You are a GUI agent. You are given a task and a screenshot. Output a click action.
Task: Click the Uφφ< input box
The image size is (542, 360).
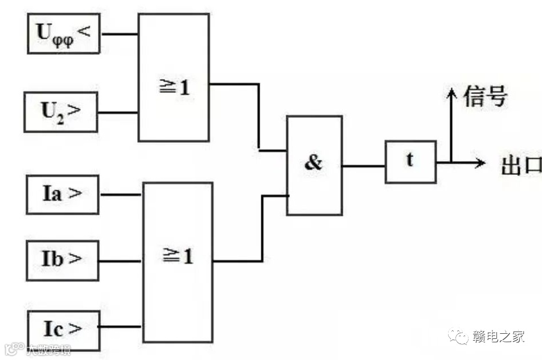click(x=64, y=34)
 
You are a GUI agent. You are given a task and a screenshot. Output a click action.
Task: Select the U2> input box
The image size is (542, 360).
click(x=61, y=112)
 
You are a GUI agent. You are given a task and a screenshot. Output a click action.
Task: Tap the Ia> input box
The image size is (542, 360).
click(x=63, y=194)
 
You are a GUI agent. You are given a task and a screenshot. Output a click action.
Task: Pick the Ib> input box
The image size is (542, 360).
click(x=63, y=260)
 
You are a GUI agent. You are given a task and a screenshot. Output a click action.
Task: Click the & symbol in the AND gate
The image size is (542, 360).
click(x=313, y=163)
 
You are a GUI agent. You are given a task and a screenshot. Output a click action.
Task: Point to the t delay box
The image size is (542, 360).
click(x=410, y=161)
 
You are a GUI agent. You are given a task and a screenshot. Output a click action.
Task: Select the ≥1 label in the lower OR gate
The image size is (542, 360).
click(x=178, y=257)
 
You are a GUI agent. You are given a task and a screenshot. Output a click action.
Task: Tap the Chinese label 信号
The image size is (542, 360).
click(x=485, y=97)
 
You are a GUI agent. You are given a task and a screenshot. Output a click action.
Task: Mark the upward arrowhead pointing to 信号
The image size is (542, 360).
click(x=451, y=93)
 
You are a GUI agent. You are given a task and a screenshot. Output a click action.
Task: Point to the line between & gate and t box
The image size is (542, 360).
click(x=363, y=166)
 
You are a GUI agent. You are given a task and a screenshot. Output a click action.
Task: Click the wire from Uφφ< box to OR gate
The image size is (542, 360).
click(x=119, y=34)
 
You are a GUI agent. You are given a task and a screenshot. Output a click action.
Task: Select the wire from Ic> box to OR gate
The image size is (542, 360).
click(x=121, y=327)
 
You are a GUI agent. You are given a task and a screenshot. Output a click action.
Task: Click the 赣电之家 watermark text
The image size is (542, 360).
click(x=498, y=337)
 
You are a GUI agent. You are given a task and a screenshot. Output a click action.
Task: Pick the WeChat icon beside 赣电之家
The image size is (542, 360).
click(x=458, y=337)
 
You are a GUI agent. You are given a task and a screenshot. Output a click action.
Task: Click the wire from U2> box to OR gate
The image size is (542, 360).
click(x=118, y=112)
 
